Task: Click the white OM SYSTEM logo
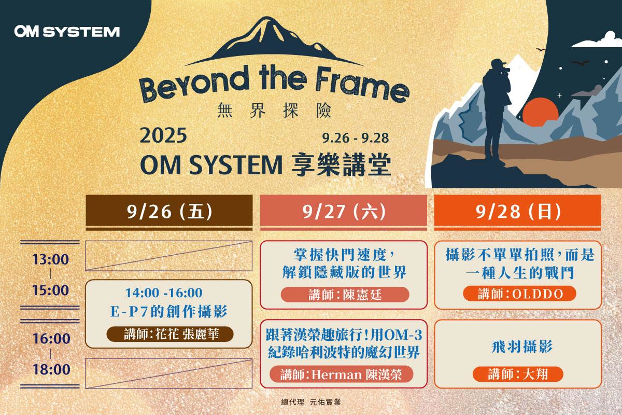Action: click(67, 31)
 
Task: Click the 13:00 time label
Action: click(51, 259)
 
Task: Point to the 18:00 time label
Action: click(51, 369)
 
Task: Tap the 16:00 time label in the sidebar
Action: click(51, 339)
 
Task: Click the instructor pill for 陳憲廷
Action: click(345, 295)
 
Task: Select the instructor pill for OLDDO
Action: click(519, 294)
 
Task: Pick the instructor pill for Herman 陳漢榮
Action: click(341, 375)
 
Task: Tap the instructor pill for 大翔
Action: click(518, 374)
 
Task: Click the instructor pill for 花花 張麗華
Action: click(170, 334)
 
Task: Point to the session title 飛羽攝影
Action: click(522, 347)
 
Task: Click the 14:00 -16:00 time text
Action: click(164, 293)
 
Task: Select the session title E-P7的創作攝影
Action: click(169, 311)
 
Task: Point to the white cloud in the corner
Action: click(597, 41)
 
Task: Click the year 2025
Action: click(163, 135)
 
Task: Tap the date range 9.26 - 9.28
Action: click(356, 138)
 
